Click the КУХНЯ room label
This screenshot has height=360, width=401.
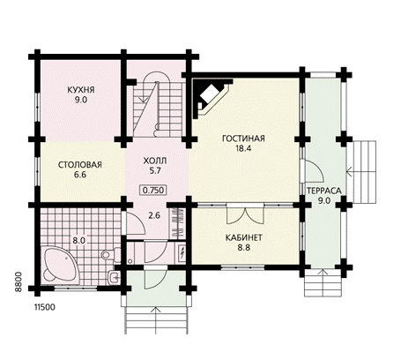pyautogui.click(x=81, y=89)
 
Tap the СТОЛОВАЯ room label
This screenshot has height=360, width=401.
pyautogui.click(x=80, y=165)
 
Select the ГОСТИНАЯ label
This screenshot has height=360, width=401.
pyautogui.click(x=243, y=139)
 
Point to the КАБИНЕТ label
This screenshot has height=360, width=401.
pyautogui.click(x=244, y=237)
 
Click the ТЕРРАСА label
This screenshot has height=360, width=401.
pyautogui.click(x=324, y=191)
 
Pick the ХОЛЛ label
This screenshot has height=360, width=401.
pyautogui.click(x=155, y=161)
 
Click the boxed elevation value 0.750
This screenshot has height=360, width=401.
pyautogui.click(x=153, y=191)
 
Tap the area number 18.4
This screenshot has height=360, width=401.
pyautogui.click(x=243, y=148)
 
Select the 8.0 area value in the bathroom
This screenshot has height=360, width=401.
pyautogui.click(x=79, y=241)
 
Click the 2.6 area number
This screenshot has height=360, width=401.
pyautogui.click(x=154, y=215)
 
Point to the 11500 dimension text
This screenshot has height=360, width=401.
pyautogui.click(x=45, y=307)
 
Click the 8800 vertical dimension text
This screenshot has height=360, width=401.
pyautogui.click(x=19, y=281)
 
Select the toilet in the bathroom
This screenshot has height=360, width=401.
pyautogui.click(x=111, y=255)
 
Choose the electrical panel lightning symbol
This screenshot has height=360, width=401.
pyautogui.click(x=182, y=252)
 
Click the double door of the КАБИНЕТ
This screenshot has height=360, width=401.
pyautogui.click(x=244, y=214)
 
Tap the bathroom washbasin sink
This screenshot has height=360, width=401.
pyautogui.click(x=114, y=277)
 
